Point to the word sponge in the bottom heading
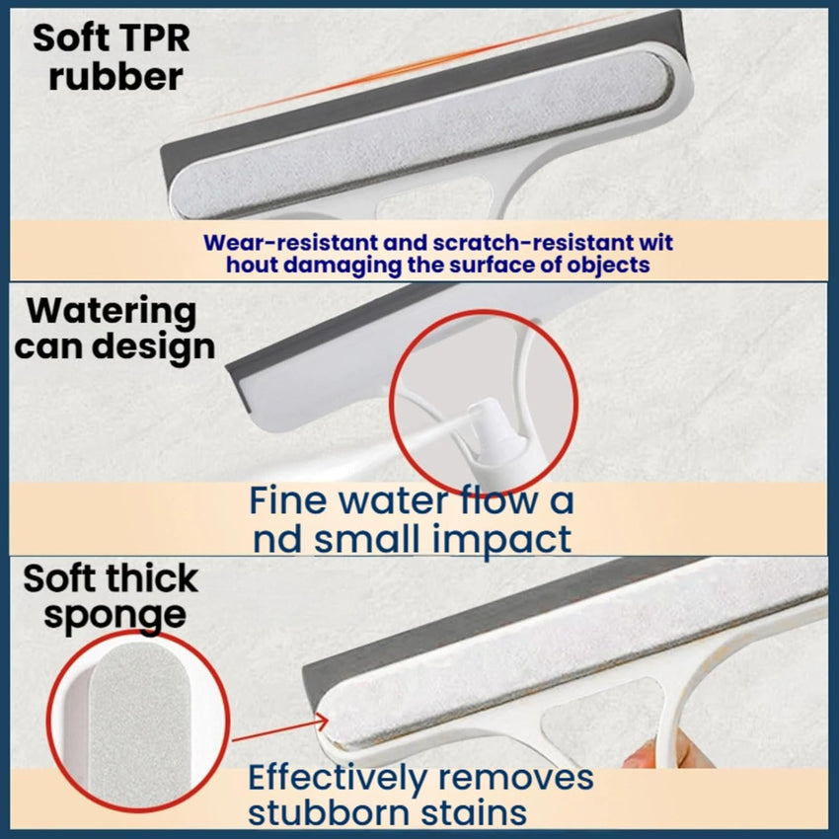tap(114, 615)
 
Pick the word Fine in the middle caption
tap(287, 500)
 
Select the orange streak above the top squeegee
tap(415, 65)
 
